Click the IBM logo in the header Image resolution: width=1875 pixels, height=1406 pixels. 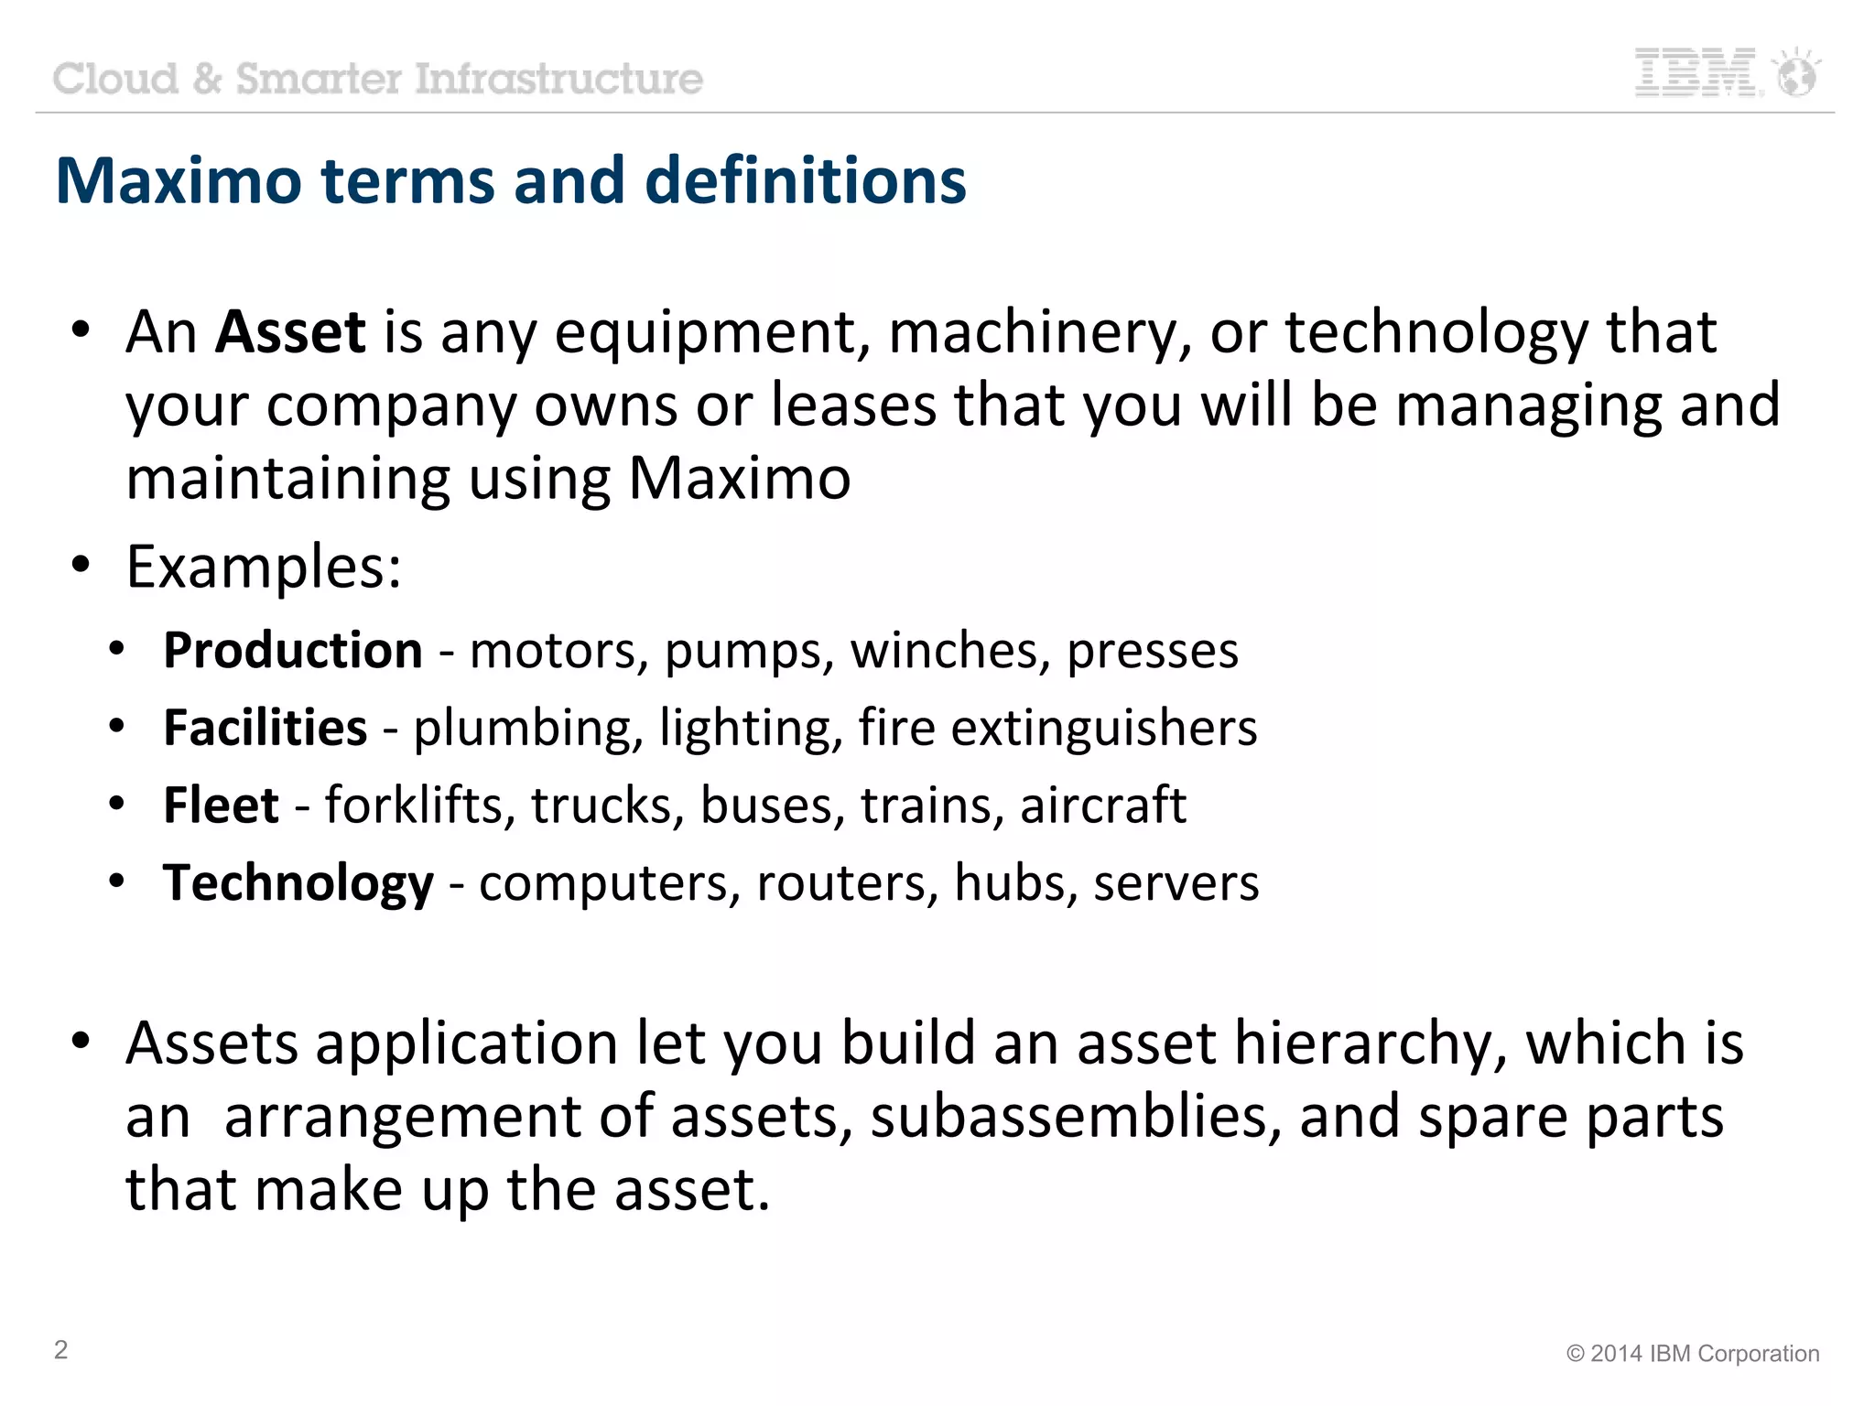point(1696,72)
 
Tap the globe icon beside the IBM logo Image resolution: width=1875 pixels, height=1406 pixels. point(1796,73)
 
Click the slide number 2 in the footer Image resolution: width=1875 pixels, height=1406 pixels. point(60,1349)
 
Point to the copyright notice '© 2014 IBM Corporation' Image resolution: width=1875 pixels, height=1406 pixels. point(1692,1354)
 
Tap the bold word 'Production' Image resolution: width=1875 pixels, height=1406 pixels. point(293,651)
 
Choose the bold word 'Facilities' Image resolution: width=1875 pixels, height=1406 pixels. point(266,729)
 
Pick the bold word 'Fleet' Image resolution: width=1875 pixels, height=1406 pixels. point(221,806)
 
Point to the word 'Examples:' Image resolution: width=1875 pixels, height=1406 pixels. point(264,568)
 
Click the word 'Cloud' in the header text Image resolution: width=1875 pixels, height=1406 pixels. point(115,79)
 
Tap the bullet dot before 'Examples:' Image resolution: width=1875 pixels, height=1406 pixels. point(81,565)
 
